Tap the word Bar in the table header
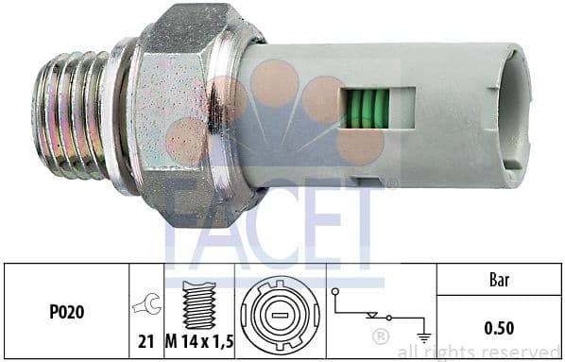pyautogui.click(x=500, y=281)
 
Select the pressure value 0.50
pyautogui.click(x=500, y=330)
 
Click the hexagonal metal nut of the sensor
pyautogui.click(x=184, y=113)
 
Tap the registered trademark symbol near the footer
pyautogui.click(x=381, y=336)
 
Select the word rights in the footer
pyautogui.click(x=455, y=353)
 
